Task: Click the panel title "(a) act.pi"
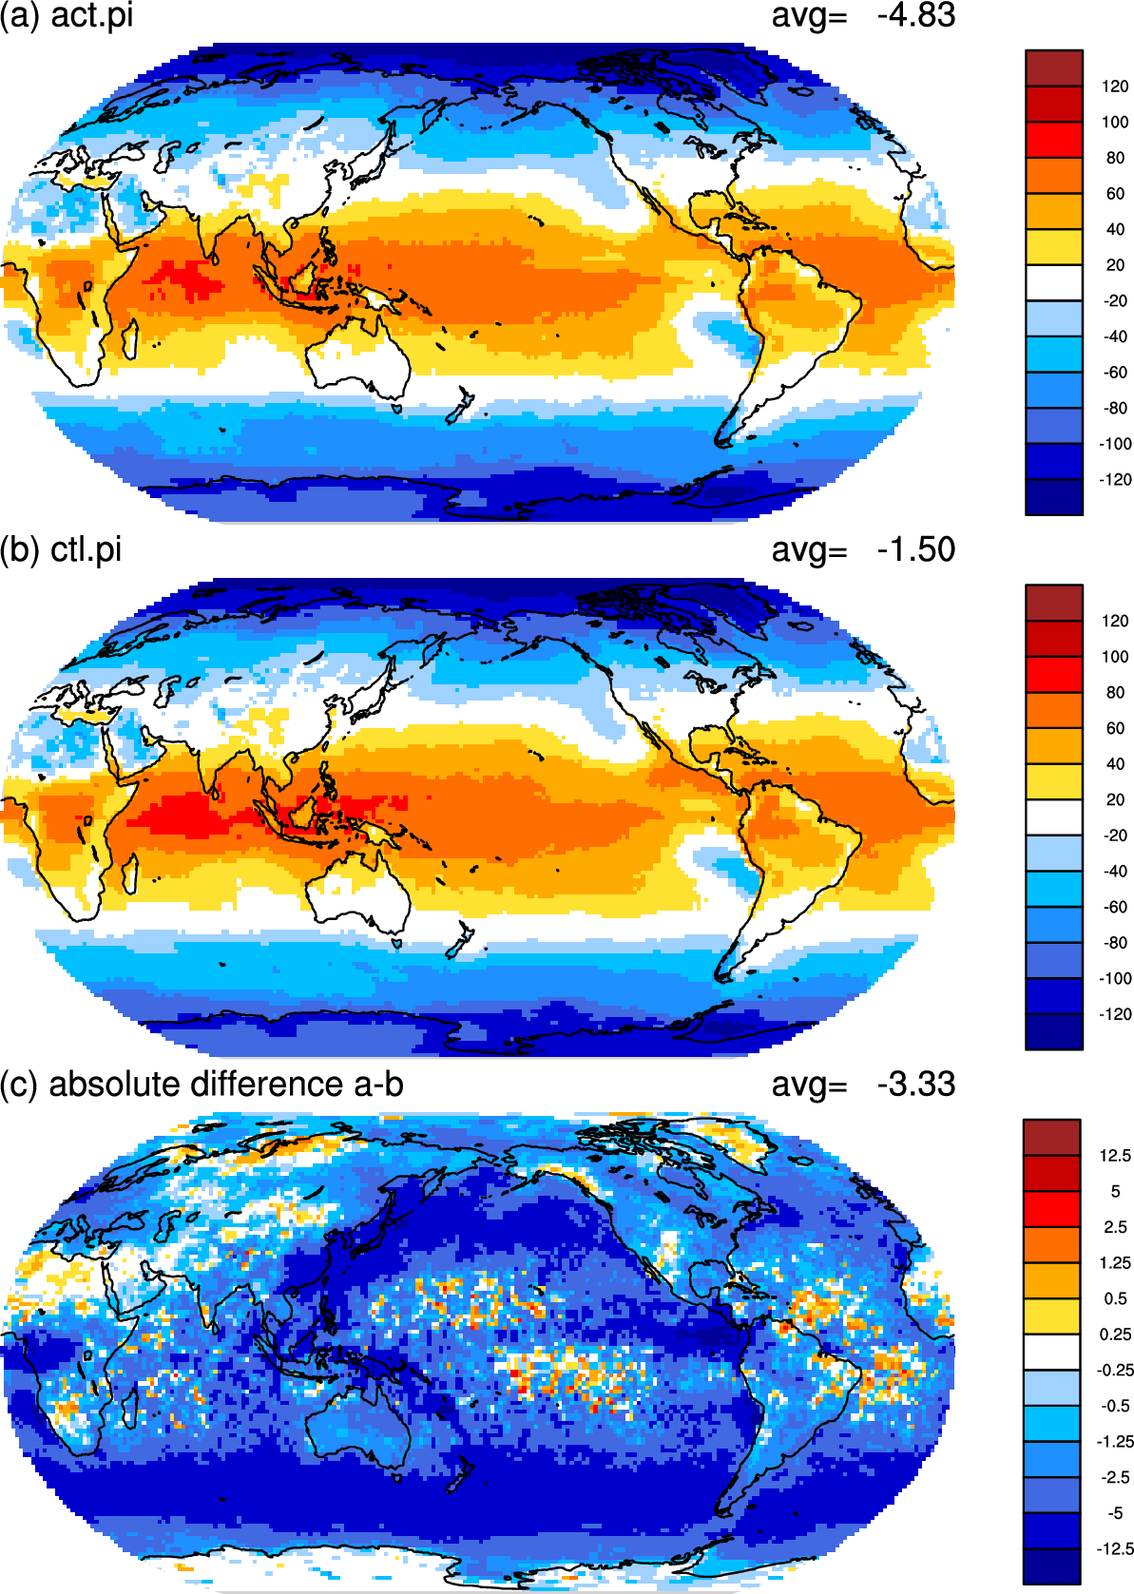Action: click(x=67, y=15)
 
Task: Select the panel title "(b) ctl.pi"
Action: click(x=61, y=550)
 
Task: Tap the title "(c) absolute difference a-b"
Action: click(x=202, y=1085)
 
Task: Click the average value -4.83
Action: click(x=915, y=15)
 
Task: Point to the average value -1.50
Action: click(x=915, y=549)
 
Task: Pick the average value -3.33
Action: click(x=915, y=1084)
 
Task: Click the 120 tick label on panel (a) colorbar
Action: click(x=1115, y=86)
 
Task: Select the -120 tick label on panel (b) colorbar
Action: click(x=1115, y=1014)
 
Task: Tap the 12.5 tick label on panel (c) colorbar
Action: click(x=1115, y=1155)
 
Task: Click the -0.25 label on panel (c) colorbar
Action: click(x=1115, y=1370)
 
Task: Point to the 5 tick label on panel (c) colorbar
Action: click(x=1115, y=1191)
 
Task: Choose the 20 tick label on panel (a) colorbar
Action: click(x=1115, y=265)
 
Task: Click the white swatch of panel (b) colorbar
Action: click(x=1053, y=816)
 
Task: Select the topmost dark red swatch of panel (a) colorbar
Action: click(x=1053, y=68)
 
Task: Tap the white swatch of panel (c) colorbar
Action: click(x=1052, y=1352)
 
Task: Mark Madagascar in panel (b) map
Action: click(x=130, y=874)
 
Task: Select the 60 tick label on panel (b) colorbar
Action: click(x=1115, y=729)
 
